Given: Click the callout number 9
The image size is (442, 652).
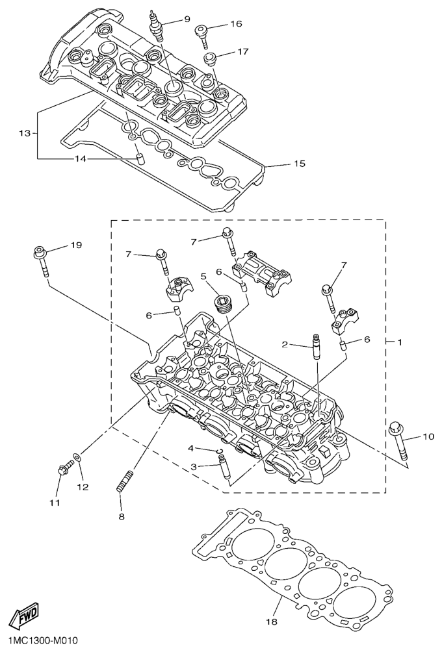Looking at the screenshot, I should [x=187, y=19].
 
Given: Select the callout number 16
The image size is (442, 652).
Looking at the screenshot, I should [x=235, y=24].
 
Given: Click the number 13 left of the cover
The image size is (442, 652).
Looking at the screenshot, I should [x=25, y=133].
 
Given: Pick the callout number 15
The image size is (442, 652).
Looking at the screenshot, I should [x=299, y=164].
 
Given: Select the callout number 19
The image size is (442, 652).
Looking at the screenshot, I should [x=77, y=245].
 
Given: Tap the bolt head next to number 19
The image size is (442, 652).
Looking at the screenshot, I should [x=40, y=250].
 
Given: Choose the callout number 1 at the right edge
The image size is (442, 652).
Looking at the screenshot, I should [x=400, y=341].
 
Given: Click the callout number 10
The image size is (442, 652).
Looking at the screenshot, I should [x=428, y=436].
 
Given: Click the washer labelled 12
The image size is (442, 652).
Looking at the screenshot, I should [x=79, y=460].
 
